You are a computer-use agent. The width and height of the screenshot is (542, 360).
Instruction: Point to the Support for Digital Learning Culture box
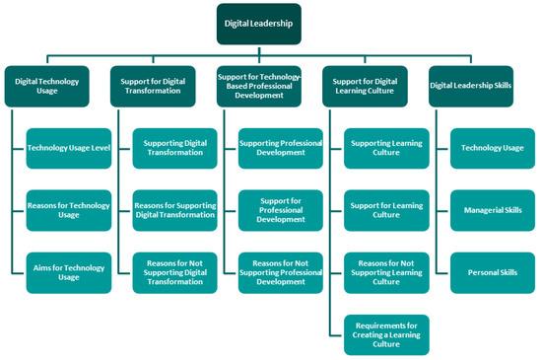[x=375, y=85]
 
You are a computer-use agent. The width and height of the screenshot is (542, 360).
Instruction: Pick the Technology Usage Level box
[x=68, y=149]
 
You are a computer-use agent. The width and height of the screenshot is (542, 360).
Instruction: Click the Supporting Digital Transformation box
[x=175, y=149]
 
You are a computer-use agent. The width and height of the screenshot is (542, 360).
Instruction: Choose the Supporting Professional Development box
[x=281, y=149]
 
